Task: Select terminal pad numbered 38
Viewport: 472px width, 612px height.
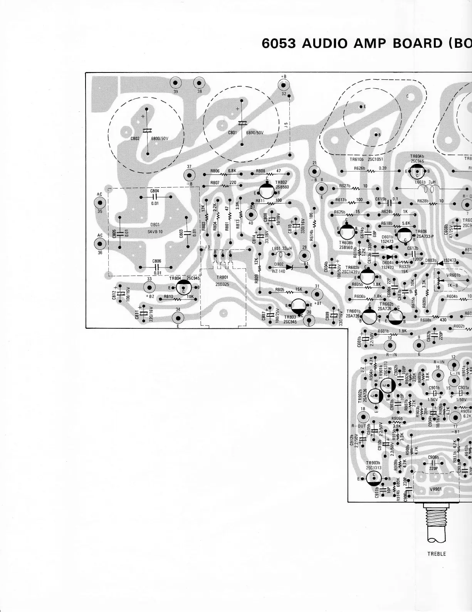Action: pos(199,83)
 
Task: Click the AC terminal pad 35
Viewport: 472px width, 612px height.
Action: pos(100,203)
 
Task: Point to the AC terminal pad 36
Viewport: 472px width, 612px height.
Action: pos(100,243)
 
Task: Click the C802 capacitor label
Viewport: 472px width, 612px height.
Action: pos(134,138)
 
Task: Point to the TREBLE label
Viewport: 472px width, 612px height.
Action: pos(437,554)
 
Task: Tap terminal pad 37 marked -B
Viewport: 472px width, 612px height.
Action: pos(189,175)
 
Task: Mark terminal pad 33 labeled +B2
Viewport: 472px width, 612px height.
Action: pos(149,287)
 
